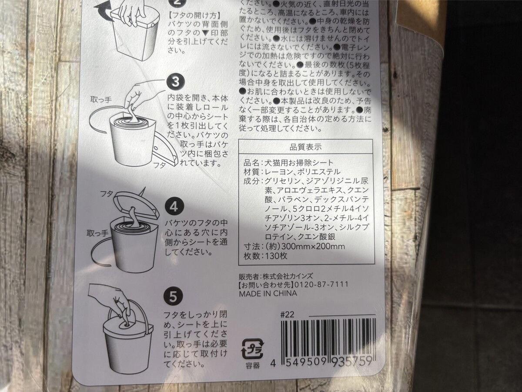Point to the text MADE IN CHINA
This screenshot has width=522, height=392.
click(268, 293)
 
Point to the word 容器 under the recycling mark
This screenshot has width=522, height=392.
click(249, 365)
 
